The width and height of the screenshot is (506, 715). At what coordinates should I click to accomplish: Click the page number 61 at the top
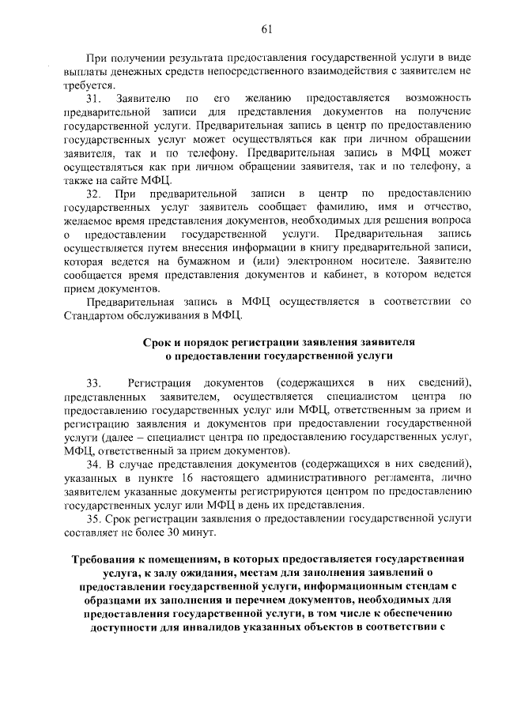pyautogui.click(x=266, y=30)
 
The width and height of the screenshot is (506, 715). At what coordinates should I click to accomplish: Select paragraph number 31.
pyautogui.click(x=94, y=99)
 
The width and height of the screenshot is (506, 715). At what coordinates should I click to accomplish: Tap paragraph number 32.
pyautogui.click(x=94, y=193)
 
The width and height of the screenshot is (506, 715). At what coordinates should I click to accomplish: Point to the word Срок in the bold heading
pyautogui.click(x=157, y=342)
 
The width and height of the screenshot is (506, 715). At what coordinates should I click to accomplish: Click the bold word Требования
pyautogui.click(x=102, y=559)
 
